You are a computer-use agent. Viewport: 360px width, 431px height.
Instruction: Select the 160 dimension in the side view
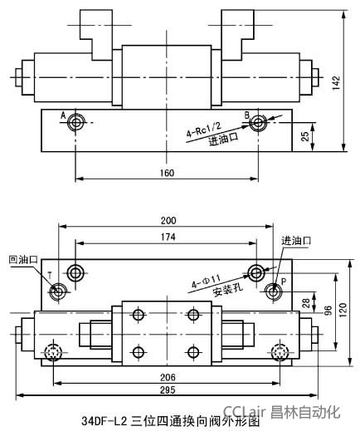(x=166, y=172)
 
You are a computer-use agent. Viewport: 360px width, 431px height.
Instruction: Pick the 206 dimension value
(x=167, y=376)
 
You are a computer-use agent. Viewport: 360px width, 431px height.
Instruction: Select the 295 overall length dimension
(x=167, y=390)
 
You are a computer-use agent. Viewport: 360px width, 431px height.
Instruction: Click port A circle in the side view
(x=76, y=123)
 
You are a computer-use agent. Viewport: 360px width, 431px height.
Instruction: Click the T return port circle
(x=60, y=291)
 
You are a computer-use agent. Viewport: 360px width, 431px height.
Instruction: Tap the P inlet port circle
(x=275, y=291)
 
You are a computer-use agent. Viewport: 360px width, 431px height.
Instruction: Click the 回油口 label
(x=23, y=259)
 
